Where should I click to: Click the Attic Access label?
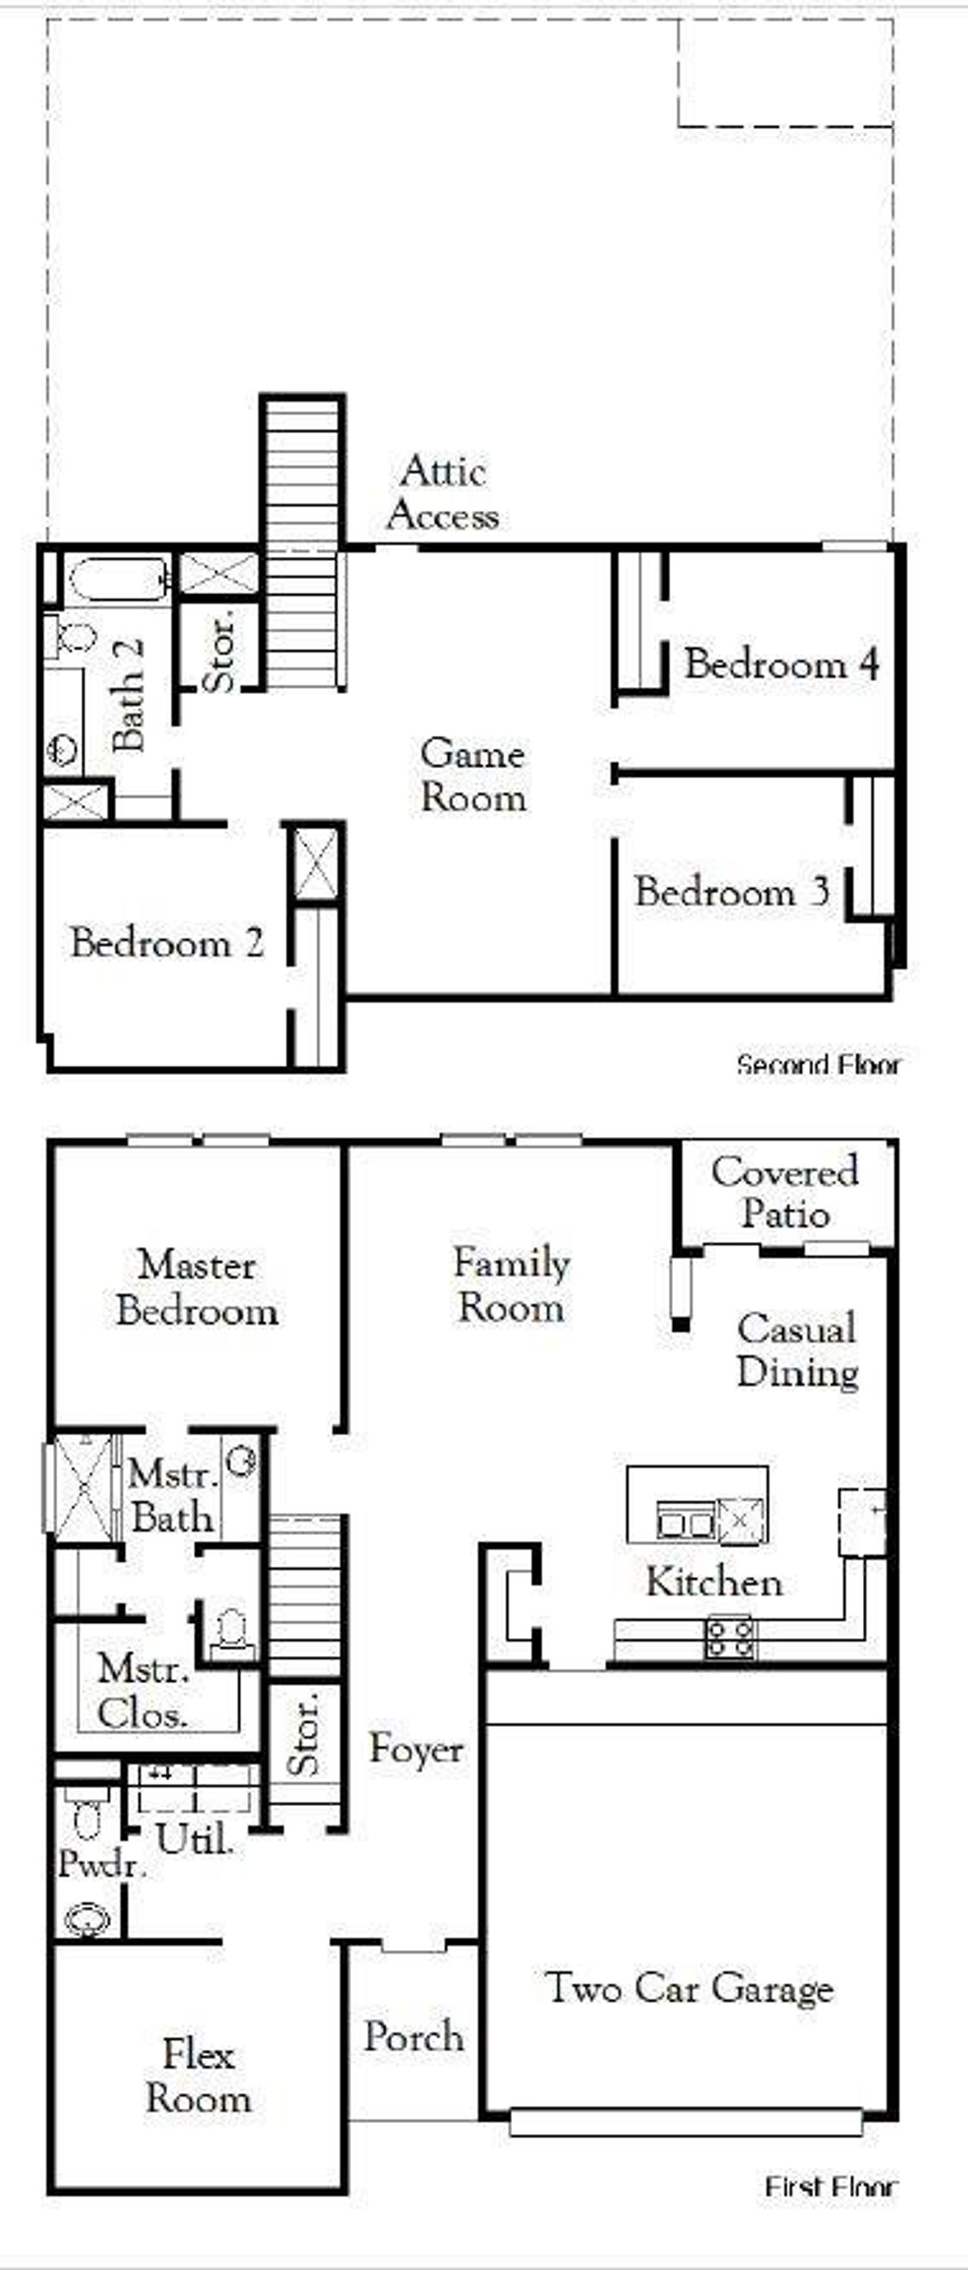pos(443,494)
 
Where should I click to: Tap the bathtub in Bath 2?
pos(118,578)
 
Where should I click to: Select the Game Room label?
pos(473,776)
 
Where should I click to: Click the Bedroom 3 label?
pos(732,892)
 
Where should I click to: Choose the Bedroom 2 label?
pos(167,943)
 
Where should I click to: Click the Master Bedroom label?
pos(197,1288)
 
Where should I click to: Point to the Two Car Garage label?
pos(690,1988)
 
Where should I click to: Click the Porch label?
pos(414,2036)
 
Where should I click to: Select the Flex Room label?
pos(198,2076)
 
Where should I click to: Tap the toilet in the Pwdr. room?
pos(87,1818)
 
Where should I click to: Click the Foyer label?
pos(416,1748)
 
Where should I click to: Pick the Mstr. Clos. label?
pos(143,1691)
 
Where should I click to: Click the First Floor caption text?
pos(830,2186)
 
